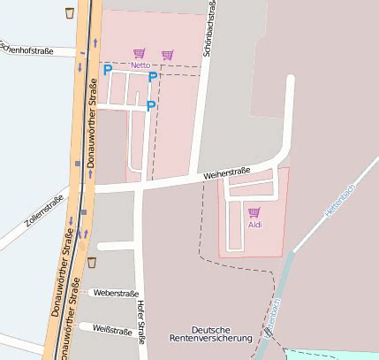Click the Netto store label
coord(140,65)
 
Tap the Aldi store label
coord(254,224)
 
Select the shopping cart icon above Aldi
coord(254,212)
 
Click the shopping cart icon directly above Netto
coord(139,54)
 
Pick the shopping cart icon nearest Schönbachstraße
coord(168,55)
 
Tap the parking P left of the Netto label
coord(108,69)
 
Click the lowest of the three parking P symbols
coord(151,106)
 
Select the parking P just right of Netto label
coord(153,77)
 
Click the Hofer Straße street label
coord(141,323)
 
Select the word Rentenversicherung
coord(211,338)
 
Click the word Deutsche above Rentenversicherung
coord(211,327)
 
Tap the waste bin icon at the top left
coord(70,12)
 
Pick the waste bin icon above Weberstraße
coord(92,263)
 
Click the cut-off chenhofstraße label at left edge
coord(27,50)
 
